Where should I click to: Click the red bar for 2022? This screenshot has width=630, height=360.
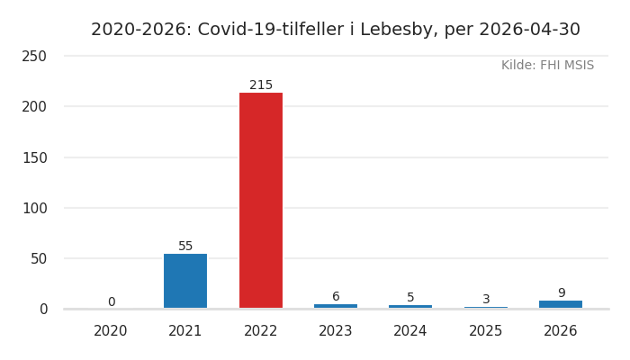[x=261, y=201]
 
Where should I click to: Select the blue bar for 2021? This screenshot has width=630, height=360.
[x=185, y=281]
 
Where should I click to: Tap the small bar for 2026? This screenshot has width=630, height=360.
[x=561, y=304]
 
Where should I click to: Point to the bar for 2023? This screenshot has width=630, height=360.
[x=336, y=306]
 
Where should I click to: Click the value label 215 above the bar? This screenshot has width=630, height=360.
[x=261, y=85]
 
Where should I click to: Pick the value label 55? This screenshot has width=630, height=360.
[x=185, y=246]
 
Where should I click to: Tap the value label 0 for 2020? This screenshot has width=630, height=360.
[x=112, y=301]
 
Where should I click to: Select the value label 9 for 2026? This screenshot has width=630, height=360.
[x=562, y=292]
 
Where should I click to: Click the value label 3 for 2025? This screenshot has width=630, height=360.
[x=486, y=299]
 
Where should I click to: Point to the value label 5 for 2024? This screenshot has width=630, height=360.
[x=410, y=297]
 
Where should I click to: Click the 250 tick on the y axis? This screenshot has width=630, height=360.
[x=34, y=56]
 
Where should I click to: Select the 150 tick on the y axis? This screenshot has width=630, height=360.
[x=34, y=157]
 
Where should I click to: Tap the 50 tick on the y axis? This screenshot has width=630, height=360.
[x=39, y=259]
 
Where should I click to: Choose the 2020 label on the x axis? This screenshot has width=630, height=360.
[x=110, y=330]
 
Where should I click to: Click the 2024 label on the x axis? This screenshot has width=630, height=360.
[x=409, y=330]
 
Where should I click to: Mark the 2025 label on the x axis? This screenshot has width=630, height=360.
[x=485, y=330]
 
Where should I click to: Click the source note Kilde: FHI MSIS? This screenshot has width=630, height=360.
[x=547, y=65]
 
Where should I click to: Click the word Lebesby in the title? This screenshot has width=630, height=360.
[x=396, y=30]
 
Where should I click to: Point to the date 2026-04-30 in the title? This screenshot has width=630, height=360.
[x=529, y=30]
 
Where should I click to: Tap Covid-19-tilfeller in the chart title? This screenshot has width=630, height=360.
[x=270, y=30]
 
